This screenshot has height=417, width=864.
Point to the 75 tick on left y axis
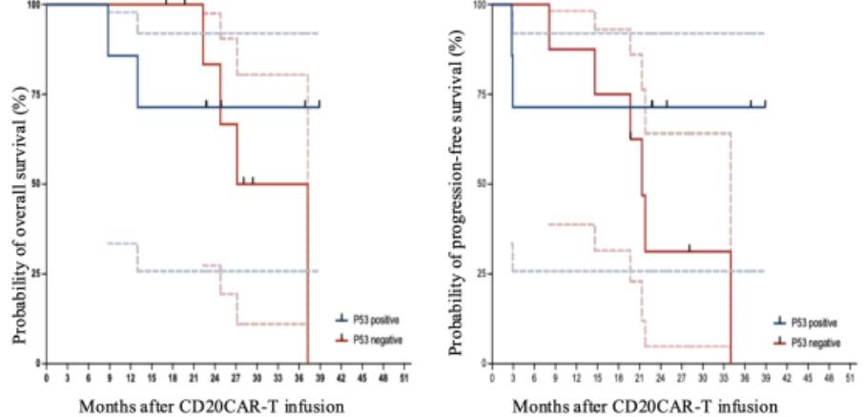[35, 94]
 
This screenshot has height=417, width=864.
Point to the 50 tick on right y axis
[481, 183]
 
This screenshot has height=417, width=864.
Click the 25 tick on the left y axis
[35, 273]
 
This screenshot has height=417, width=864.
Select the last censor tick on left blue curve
[319, 102]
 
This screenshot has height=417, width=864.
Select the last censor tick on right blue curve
[765, 102]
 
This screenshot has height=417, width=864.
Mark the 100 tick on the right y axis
[479, 5]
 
